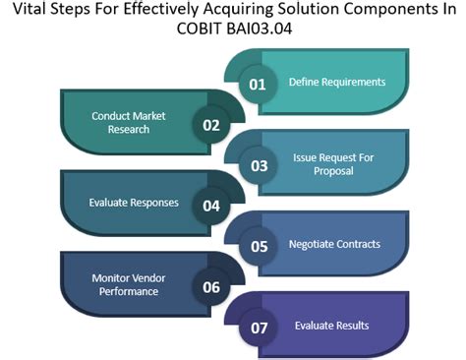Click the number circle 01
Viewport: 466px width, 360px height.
(x=258, y=84)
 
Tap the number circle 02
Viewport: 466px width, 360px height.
(x=210, y=125)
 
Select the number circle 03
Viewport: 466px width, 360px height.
(x=259, y=165)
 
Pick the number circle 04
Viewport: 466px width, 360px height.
(x=210, y=207)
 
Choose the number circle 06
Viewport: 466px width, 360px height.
(x=210, y=287)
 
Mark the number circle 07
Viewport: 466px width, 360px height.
(x=259, y=328)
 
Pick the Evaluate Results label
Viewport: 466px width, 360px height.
(x=333, y=326)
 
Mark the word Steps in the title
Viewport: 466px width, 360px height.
(x=82, y=14)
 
